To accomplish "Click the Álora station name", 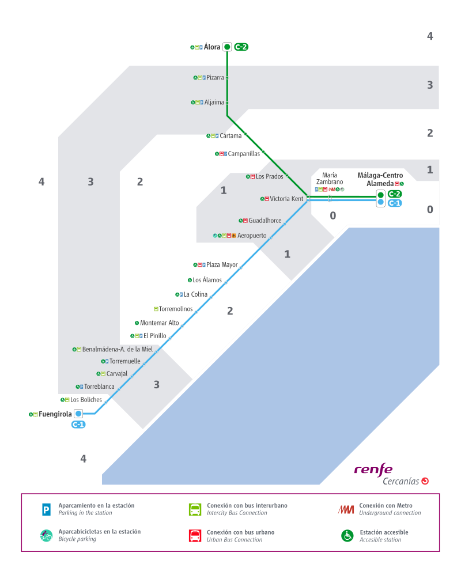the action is [212, 47].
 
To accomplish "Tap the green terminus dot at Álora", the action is [227, 47].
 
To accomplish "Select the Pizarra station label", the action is [215, 77].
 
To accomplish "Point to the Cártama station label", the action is [231, 135].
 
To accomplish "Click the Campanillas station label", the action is [244, 154].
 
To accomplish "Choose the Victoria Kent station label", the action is [286, 199].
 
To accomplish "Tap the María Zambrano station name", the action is [330, 179].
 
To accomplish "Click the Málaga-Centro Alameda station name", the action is [380, 179].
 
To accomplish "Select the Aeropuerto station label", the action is [252, 236].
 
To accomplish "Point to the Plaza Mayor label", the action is [222, 265].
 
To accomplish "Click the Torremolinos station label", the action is [176, 309].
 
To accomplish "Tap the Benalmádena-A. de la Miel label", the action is [118, 349].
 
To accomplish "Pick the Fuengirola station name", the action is [55, 414].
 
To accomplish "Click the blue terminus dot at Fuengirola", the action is [78, 414].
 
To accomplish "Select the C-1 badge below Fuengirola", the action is [78, 425].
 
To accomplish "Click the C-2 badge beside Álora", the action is [241, 47].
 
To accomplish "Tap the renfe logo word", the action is [373, 470].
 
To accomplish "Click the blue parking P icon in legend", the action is [47, 509].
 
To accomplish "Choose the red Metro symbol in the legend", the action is [346, 509].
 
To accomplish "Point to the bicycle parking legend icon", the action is [47, 536].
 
